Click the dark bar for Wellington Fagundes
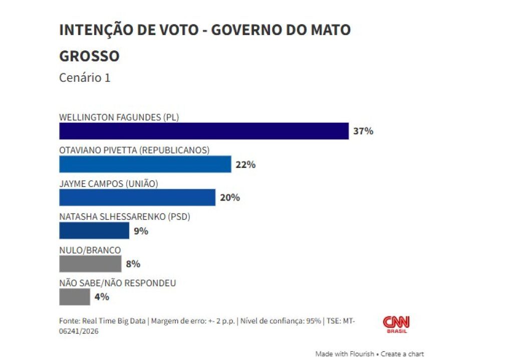click(203, 131)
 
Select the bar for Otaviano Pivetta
click(145, 164)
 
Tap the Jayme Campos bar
click(137, 197)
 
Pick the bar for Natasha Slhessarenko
click(94, 231)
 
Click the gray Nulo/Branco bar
click(90, 264)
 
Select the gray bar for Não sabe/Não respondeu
click(75, 297)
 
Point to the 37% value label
click(363, 131)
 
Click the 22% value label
click(245, 164)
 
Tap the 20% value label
click(230, 198)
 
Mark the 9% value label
click(141, 231)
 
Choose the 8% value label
click(133, 264)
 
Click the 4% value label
click(102, 297)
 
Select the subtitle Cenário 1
click(85, 78)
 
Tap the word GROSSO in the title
click(89, 56)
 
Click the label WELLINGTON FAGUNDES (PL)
click(119, 117)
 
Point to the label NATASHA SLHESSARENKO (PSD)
click(125, 217)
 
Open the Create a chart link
click(402, 353)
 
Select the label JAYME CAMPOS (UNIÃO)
click(109, 184)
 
